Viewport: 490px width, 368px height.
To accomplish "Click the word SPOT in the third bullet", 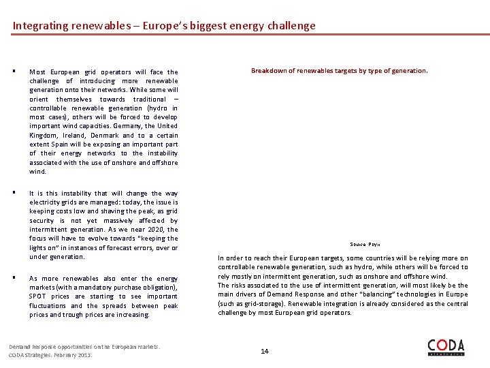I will pyautogui.click(x=38, y=296).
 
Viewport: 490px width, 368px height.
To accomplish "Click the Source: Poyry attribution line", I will pyautogui.click(x=365, y=244).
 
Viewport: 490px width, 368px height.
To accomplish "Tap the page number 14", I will pyautogui.click(x=265, y=351).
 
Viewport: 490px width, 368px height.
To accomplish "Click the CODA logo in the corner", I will pyautogui.click(x=446, y=347).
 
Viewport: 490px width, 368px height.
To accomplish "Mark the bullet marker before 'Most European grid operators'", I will pyautogui.click(x=14, y=72).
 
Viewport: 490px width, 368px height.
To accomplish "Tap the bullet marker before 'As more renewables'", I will pyautogui.click(x=14, y=278).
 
